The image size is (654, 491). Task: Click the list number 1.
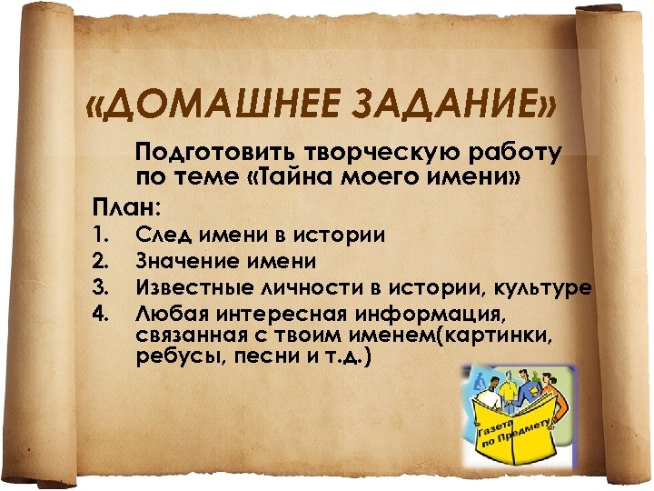101,235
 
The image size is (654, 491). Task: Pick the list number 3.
101,288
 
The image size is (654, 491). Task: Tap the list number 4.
101,314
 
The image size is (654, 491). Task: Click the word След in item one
163,235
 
